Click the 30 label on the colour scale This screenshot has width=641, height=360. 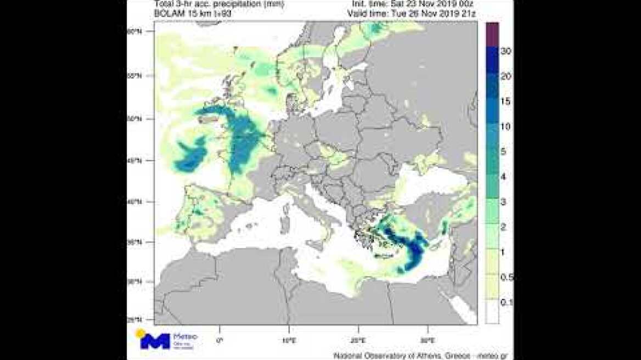click(x=507, y=51)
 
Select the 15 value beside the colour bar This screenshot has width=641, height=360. click(x=506, y=102)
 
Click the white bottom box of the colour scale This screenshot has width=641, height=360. click(x=492, y=313)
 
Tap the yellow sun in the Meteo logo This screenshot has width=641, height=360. click(x=141, y=333)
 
